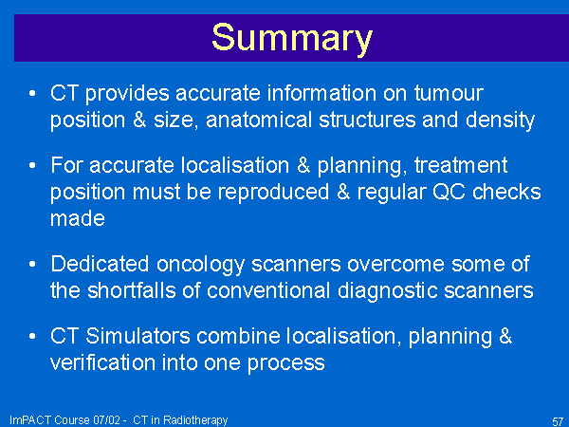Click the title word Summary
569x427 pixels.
(292, 39)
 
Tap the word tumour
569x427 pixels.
(449, 93)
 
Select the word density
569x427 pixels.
(500, 121)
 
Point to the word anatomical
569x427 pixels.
(259, 120)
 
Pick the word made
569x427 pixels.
(78, 218)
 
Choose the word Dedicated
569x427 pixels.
(100, 264)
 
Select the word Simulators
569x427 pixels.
(138, 336)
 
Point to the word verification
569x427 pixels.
(102, 362)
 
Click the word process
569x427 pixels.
(286, 363)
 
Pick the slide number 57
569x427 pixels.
(558, 421)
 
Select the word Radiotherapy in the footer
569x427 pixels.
(195, 420)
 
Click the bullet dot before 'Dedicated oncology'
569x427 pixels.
(32, 264)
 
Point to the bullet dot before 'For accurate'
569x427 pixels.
(32, 165)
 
